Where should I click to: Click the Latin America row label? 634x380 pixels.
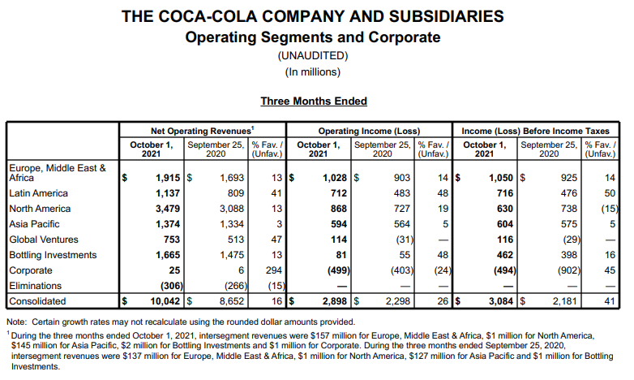click(x=38, y=193)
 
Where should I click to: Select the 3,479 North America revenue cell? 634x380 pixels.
click(x=168, y=209)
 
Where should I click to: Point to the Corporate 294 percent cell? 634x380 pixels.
click(x=274, y=270)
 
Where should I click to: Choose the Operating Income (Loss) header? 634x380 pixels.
click(x=369, y=131)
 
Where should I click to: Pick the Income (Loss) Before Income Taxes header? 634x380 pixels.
click(x=535, y=131)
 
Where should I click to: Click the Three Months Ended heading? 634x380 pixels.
click(x=314, y=101)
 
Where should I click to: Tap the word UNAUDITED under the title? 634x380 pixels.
click(x=313, y=55)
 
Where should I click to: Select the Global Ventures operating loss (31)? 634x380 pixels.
click(x=405, y=240)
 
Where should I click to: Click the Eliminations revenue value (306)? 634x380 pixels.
click(x=172, y=286)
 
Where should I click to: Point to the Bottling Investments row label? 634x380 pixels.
click(x=53, y=255)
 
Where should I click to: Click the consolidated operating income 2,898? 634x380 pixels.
click(x=335, y=301)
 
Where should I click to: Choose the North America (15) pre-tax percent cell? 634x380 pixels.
click(x=610, y=209)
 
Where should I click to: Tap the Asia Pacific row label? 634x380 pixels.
click(x=34, y=224)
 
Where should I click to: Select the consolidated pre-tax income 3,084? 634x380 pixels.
click(x=501, y=301)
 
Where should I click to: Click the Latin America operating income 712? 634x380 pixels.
click(x=339, y=193)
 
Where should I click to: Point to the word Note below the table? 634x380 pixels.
click(x=16, y=322)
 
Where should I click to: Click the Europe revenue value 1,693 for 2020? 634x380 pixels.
click(x=232, y=178)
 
